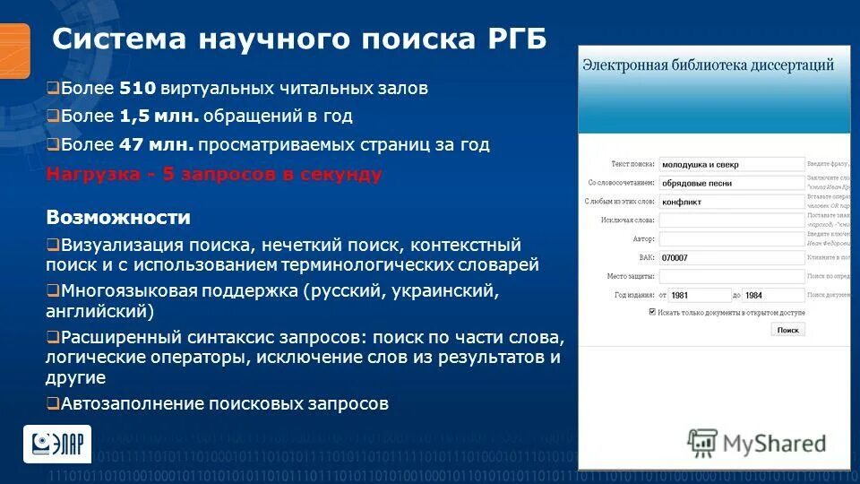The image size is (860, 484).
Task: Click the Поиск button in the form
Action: coord(787,330)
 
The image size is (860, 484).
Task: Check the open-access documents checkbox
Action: coord(652,313)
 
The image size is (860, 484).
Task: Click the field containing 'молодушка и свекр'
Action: coord(732,164)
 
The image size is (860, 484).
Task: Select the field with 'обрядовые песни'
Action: coord(732,183)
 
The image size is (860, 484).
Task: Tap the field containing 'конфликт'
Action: coord(732,202)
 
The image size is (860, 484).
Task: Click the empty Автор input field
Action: coord(732,239)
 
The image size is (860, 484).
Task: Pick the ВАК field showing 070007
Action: coord(732,257)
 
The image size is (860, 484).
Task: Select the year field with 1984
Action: coord(773,295)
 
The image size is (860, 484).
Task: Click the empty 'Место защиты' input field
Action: coord(732,276)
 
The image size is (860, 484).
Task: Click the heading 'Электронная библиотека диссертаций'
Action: coord(708,65)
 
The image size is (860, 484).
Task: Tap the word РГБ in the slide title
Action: coord(517,40)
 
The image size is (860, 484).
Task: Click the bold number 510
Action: coord(140,89)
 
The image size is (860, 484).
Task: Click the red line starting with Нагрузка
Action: coord(214,174)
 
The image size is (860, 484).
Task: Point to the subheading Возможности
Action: coord(118,218)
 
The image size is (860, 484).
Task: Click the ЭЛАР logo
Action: coord(56,444)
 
